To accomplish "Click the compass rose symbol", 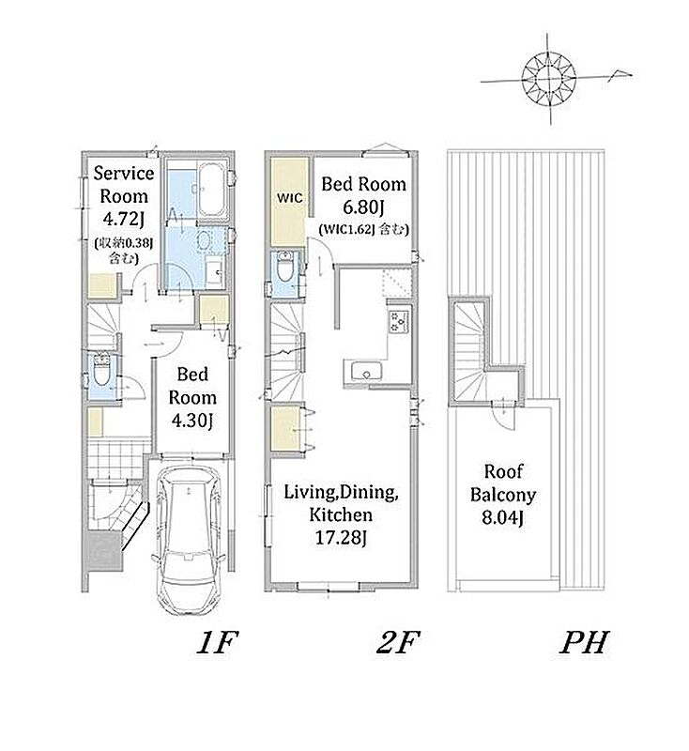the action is [x=549, y=78].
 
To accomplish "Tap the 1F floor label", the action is [x=217, y=642].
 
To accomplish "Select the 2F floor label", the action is [x=397, y=642].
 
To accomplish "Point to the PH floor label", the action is [x=584, y=642].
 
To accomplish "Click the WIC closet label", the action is [x=290, y=197].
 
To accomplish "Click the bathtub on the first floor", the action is [x=211, y=191].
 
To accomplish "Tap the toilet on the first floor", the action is [x=101, y=370].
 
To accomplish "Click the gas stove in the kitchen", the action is [x=399, y=321].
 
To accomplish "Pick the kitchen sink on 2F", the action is [x=366, y=371].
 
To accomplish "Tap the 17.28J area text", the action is [x=341, y=538].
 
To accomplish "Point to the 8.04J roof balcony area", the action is [x=502, y=518].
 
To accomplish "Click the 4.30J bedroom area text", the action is [x=192, y=421].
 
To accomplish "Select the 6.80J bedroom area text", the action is [x=364, y=207].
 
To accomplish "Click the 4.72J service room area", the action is [x=124, y=219].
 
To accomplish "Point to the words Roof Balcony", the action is [x=503, y=483].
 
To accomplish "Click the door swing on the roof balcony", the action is [x=504, y=418].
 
